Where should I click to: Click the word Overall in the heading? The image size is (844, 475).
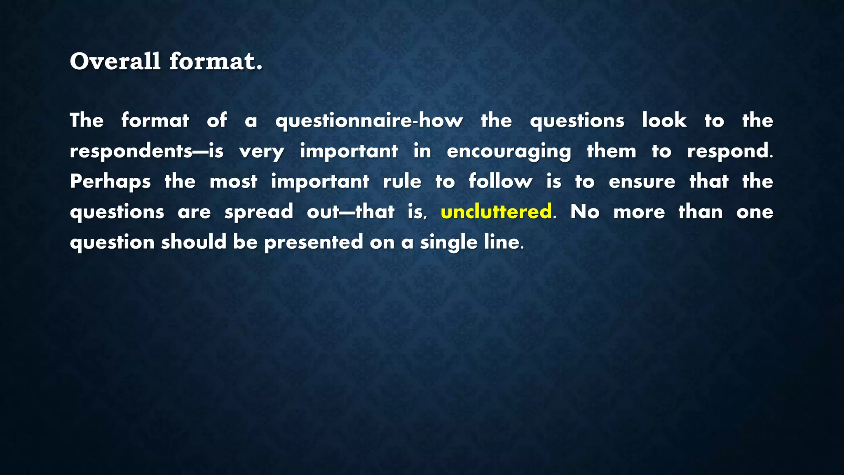click(x=115, y=61)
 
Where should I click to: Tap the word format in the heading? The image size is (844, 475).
click(x=216, y=61)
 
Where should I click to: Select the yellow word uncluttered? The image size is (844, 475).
click(x=496, y=212)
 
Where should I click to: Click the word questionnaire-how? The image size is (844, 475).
click(x=369, y=121)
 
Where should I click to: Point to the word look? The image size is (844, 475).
click(x=664, y=120)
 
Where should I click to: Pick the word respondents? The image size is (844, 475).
click(x=131, y=151)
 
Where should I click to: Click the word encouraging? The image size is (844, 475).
click(x=509, y=151)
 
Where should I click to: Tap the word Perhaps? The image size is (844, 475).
click(x=110, y=181)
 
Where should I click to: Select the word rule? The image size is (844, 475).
click(x=402, y=181)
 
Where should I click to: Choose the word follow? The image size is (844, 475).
click(x=500, y=181)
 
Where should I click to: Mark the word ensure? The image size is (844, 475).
click(x=642, y=181)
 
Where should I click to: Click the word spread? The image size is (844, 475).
click(x=259, y=212)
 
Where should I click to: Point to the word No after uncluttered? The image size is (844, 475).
click(x=585, y=212)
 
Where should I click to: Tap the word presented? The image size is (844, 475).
click(x=314, y=242)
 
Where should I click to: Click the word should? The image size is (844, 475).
click(x=194, y=242)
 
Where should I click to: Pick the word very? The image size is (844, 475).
click(x=262, y=151)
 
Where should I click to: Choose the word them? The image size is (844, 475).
click(x=612, y=151)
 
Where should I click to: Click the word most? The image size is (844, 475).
click(x=233, y=181)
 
